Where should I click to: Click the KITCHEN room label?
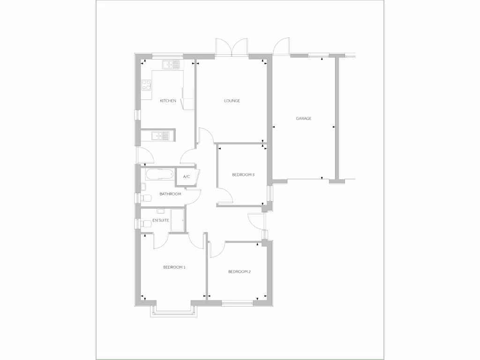click(x=168, y=101)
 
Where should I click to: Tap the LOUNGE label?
click(x=232, y=101)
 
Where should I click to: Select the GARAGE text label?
click(x=303, y=119)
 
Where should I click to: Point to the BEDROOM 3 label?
click(x=243, y=175)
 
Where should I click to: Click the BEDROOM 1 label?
click(x=174, y=267)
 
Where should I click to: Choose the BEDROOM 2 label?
click(x=240, y=271)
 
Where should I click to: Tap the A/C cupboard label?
click(x=186, y=177)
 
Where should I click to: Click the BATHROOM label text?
click(x=170, y=194)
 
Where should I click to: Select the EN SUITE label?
click(x=160, y=220)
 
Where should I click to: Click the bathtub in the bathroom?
click(x=158, y=174)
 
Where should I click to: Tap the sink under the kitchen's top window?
click(x=171, y=65)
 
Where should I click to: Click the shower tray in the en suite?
click(x=178, y=220)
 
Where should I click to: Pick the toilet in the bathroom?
click(x=146, y=198)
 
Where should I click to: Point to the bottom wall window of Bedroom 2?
click(x=237, y=303)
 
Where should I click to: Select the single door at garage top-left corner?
click(x=282, y=47)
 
